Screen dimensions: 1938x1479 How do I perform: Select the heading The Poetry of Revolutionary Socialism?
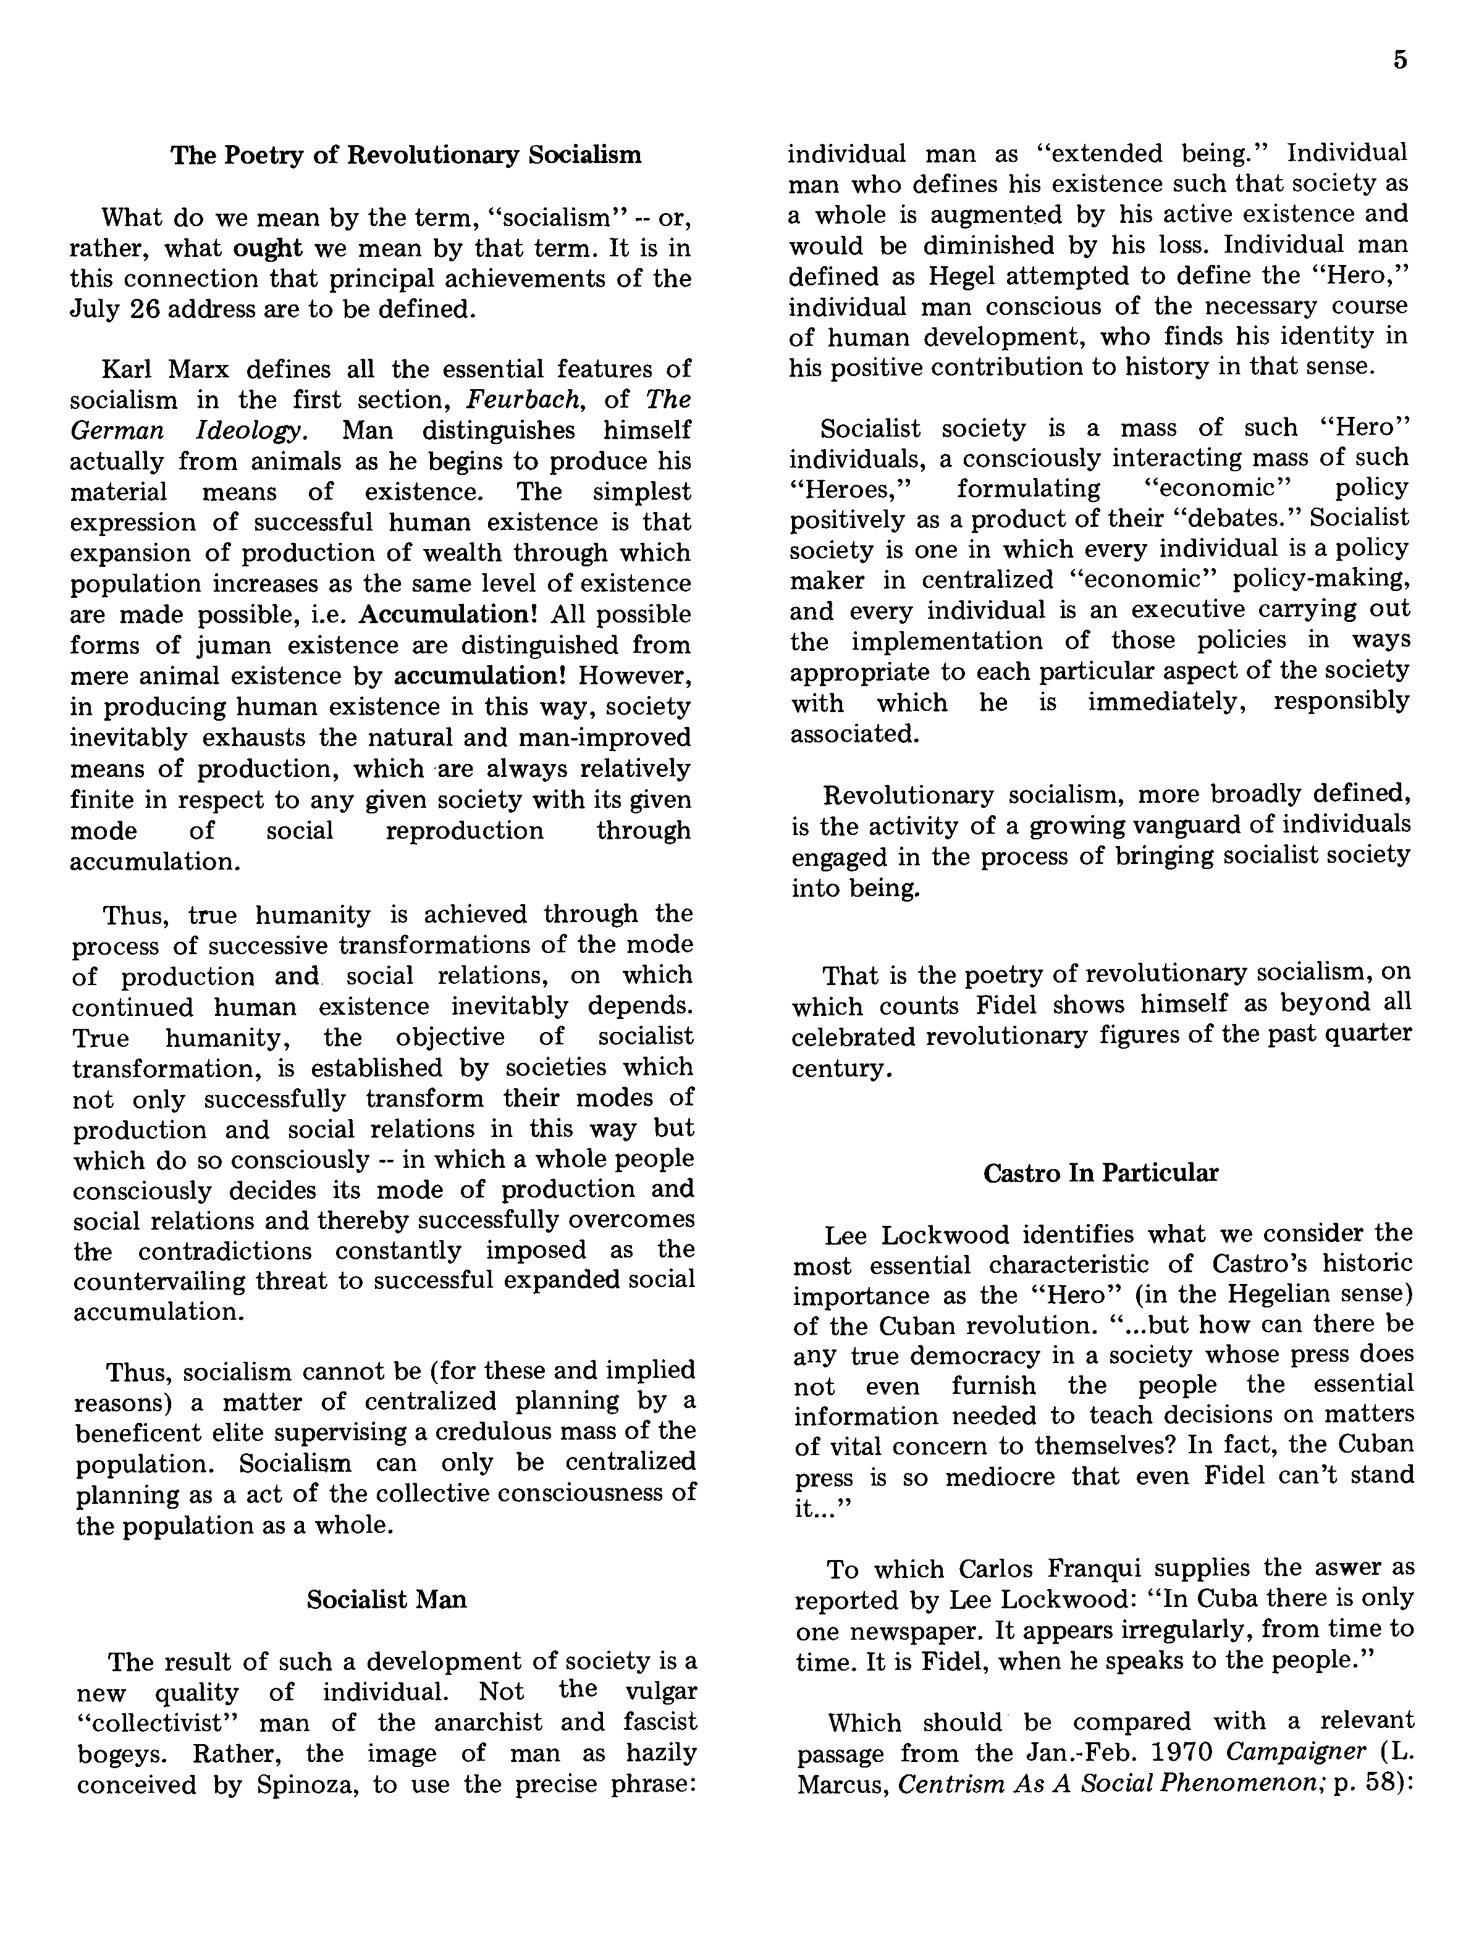click(406, 155)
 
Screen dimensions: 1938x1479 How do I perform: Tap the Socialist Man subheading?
click(387, 1599)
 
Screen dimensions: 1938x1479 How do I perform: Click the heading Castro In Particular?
click(1100, 1173)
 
